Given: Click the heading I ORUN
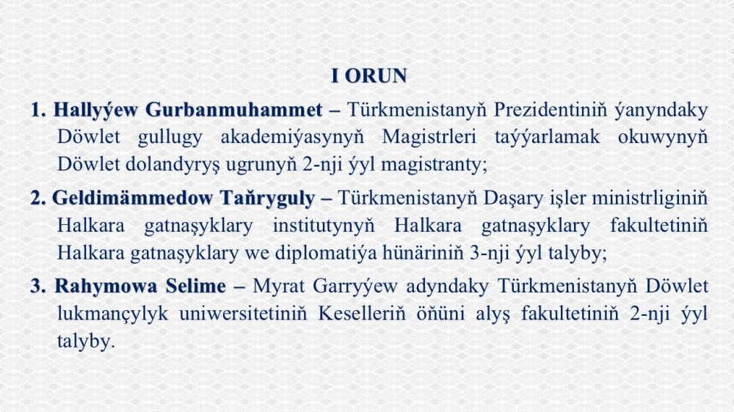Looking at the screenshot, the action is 369,76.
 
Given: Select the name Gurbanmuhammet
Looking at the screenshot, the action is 233,110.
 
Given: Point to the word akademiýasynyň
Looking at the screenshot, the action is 292,138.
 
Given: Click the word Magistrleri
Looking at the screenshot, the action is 429,138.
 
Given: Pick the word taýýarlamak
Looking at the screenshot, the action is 547,138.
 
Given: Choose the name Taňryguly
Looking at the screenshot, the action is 268,199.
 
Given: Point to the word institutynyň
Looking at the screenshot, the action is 324,227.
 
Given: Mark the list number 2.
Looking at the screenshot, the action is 38,198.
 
